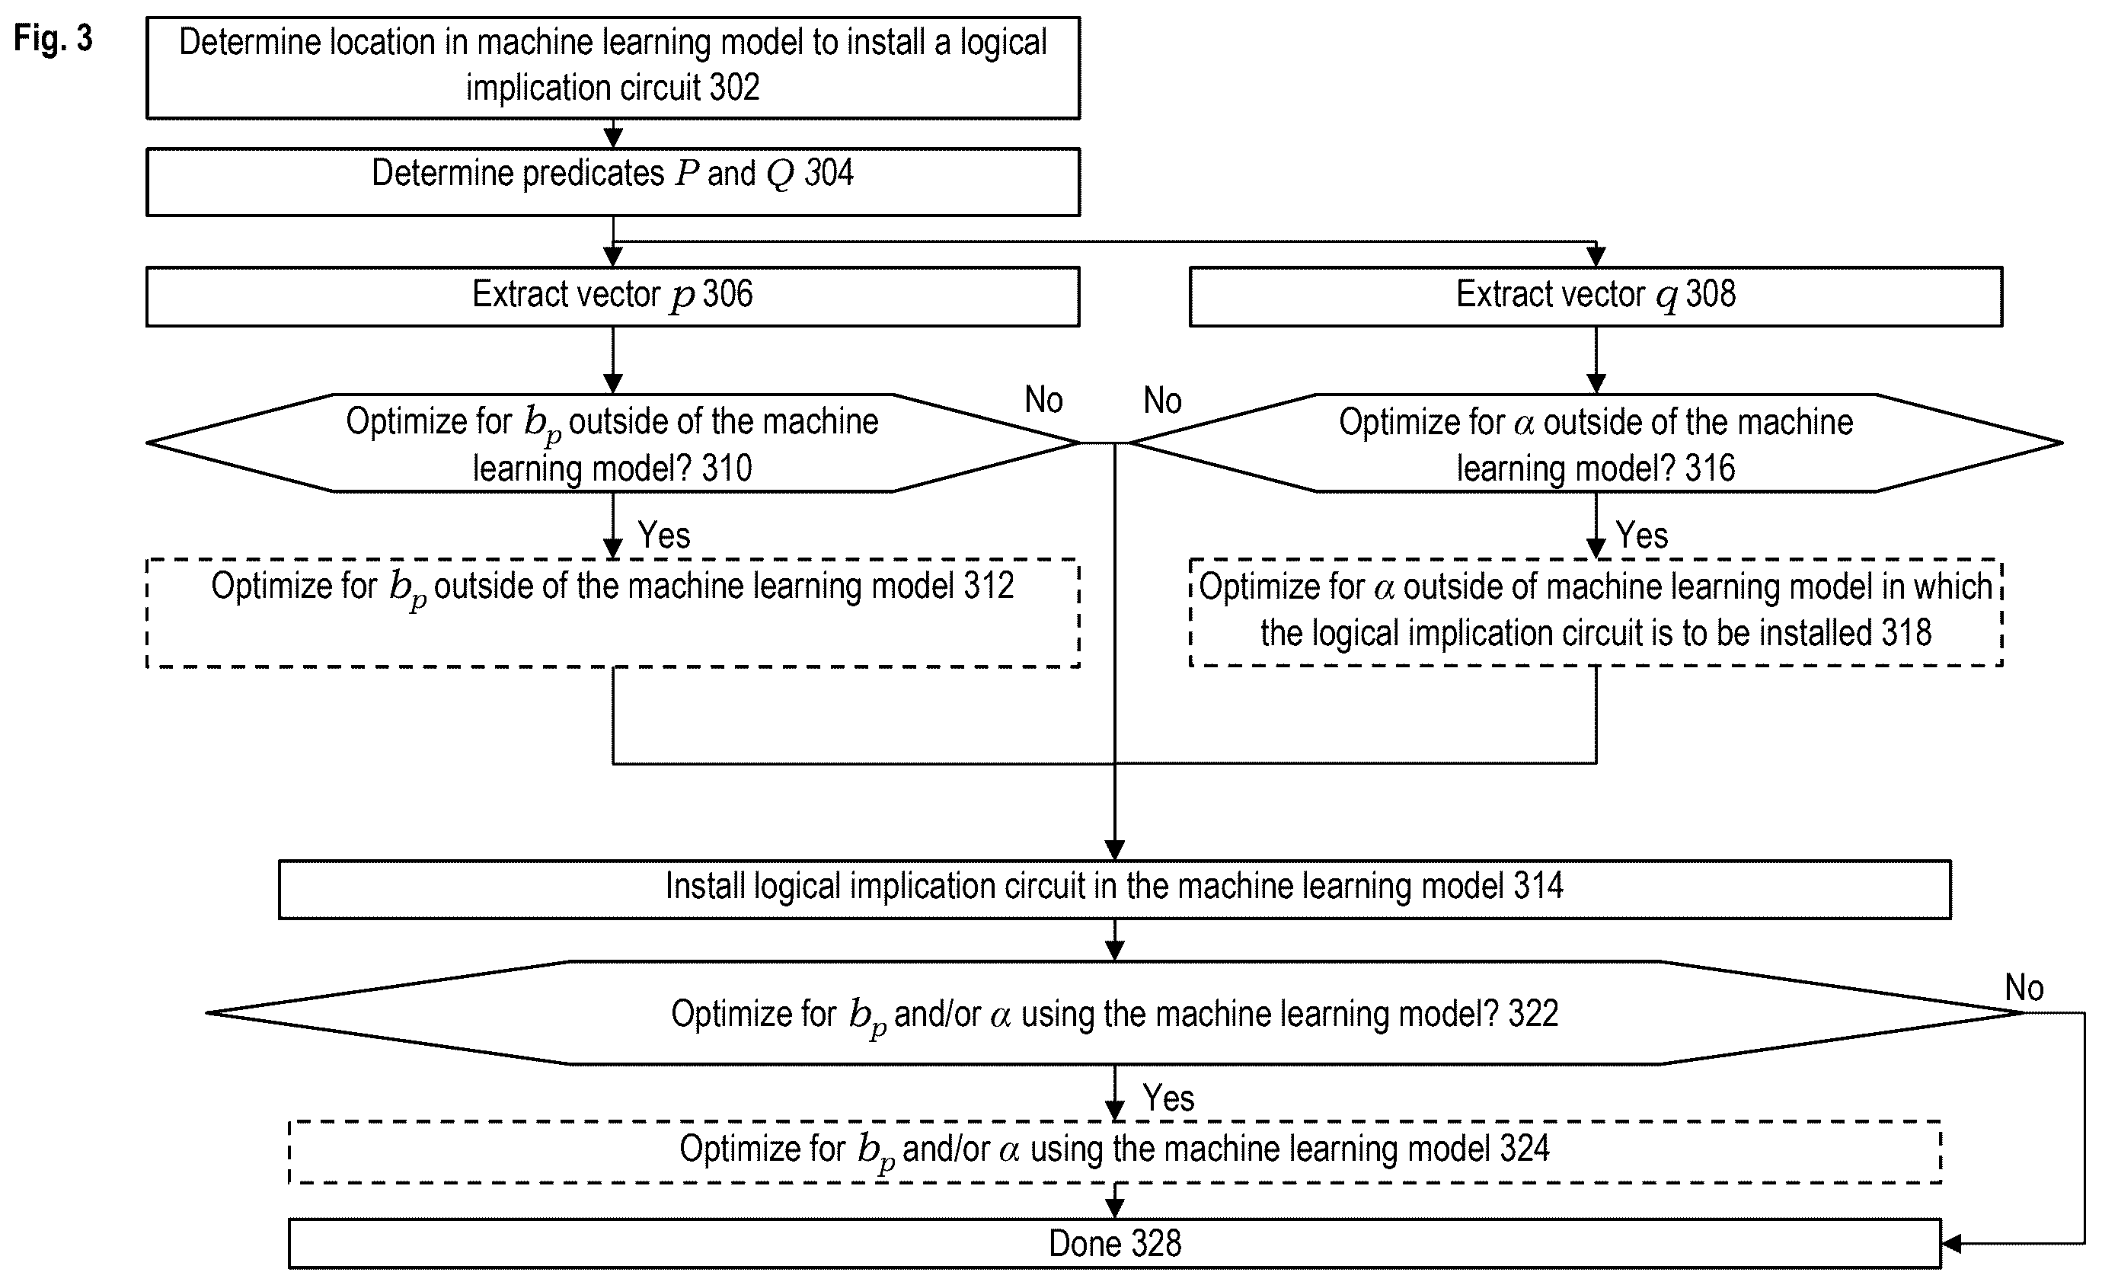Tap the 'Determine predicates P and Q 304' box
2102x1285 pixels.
[612, 182]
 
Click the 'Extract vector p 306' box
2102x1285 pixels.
[612, 296]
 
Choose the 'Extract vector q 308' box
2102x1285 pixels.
[1596, 296]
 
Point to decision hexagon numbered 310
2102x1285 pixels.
[612, 443]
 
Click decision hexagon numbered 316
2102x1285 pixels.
[1596, 443]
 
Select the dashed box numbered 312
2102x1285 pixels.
[612, 612]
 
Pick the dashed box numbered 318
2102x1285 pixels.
[1596, 612]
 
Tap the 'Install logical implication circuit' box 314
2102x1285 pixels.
[1114, 889]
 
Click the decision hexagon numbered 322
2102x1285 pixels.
[1114, 1013]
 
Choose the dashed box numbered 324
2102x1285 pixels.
[1114, 1152]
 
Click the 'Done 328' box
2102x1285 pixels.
[1114, 1243]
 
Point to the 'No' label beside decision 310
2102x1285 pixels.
[1043, 399]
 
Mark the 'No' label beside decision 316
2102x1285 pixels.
[1162, 400]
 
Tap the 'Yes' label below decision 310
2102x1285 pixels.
[663, 535]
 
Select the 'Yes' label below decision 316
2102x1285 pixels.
[1641, 535]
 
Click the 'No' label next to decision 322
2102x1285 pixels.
[2024, 987]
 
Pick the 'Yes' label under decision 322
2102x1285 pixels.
[1168, 1098]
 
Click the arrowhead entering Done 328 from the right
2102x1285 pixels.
[1952, 1244]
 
